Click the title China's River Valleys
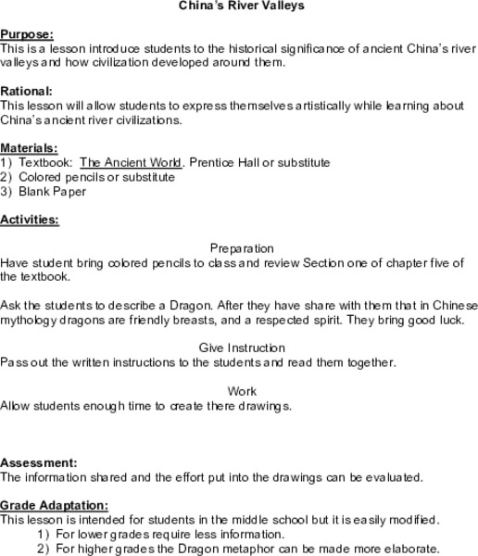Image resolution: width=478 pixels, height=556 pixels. coord(240,6)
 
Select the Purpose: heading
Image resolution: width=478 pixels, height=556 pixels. coord(26,33)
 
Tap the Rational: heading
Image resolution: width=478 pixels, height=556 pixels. coord(27,91)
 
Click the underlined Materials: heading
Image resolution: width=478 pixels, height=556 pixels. coord(29,148)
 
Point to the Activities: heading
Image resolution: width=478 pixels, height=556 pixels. coord(30,220)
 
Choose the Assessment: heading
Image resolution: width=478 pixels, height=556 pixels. coord(39,462)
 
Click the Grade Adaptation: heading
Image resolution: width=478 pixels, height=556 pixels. coord(54,506)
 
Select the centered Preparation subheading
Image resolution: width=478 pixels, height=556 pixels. coord(242,248)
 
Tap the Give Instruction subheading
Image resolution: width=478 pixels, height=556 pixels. coord(242,347)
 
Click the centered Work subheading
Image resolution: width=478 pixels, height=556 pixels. coord(242,391)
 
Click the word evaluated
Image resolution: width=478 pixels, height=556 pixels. coord(390,477)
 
